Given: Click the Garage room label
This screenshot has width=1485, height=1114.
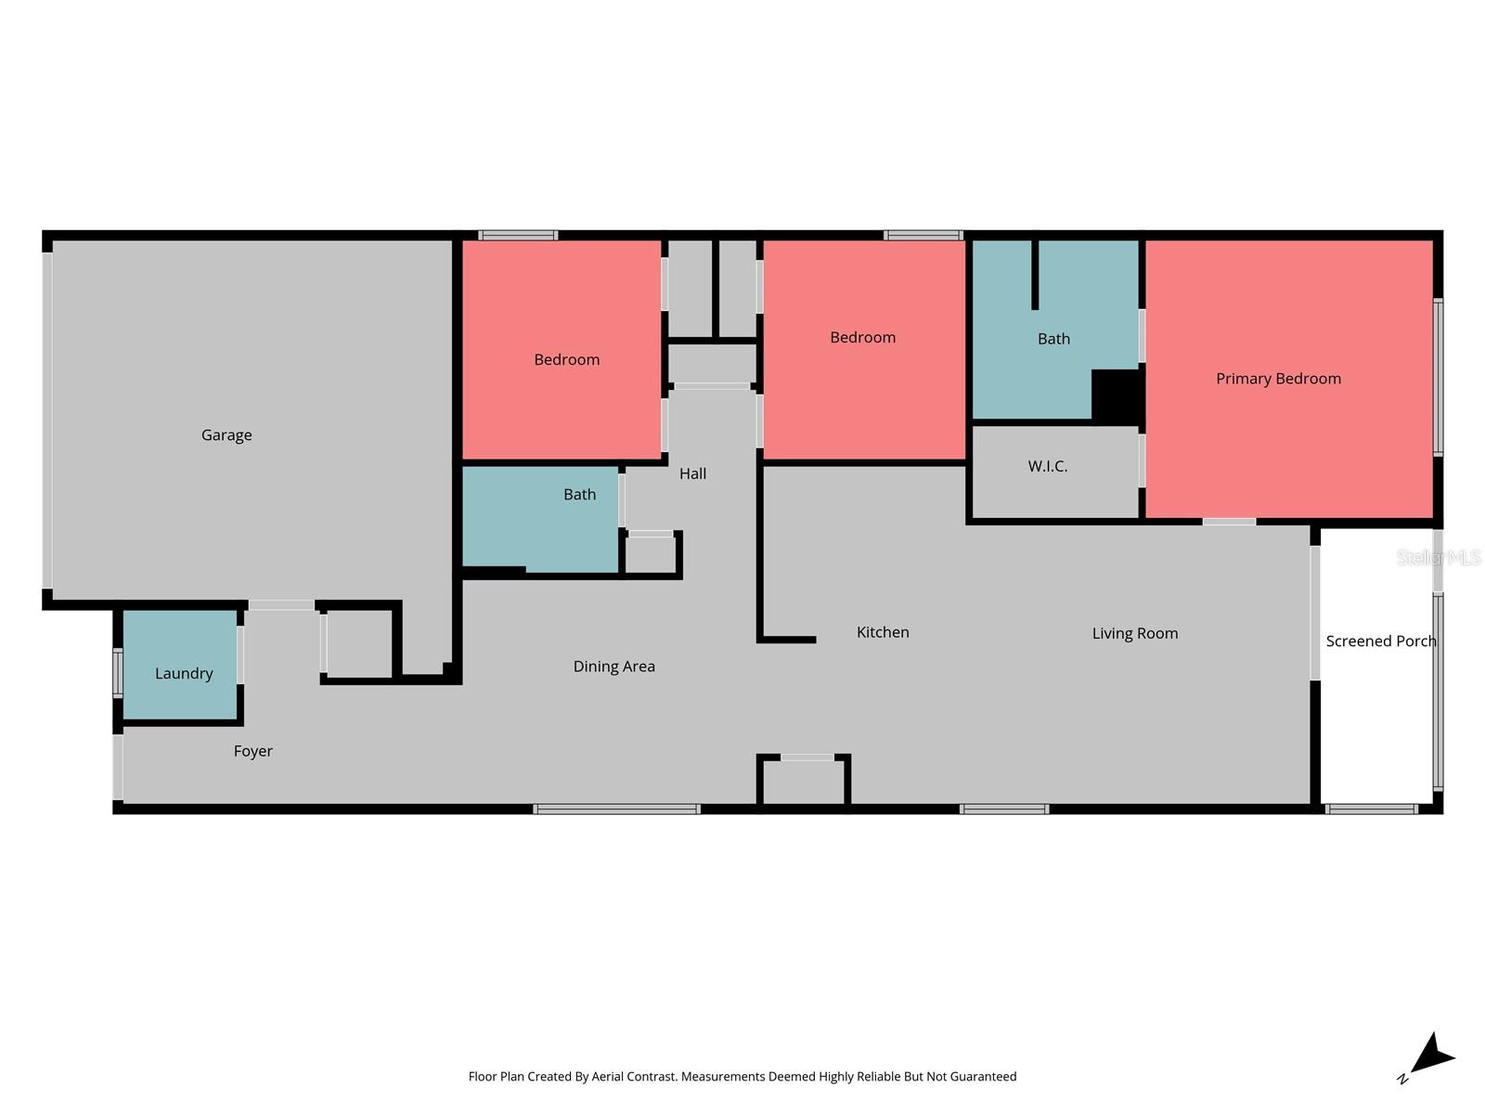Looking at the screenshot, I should coord(226,435).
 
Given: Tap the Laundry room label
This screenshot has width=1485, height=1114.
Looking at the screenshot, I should coord(184,674).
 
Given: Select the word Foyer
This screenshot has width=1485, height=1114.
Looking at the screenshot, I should coord(252,751).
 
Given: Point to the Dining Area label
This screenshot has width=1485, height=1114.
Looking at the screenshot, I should coord(613,667).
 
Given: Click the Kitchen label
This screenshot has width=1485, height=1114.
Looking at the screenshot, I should coord(883,632).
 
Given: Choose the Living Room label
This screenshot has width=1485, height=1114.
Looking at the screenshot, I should coord(1134,634).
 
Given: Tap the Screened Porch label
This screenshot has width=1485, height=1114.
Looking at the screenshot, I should coord(1380,641).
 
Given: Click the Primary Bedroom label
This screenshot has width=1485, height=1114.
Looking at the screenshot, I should coord(1278,379).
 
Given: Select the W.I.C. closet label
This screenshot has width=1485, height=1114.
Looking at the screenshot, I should coord(1047,466).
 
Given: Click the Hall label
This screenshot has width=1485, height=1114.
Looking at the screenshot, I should coord(692,473).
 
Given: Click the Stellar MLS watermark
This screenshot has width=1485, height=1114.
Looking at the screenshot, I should coord(1438,558).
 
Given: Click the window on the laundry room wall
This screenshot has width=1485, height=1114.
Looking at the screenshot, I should coord(118,673).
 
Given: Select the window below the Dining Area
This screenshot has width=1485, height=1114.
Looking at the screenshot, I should coord(616,810).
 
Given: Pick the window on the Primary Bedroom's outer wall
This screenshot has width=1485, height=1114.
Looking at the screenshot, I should coord(1438,377).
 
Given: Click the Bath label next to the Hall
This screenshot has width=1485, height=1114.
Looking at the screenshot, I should coord(579,495).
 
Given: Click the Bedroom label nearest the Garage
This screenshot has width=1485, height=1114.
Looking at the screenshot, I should coord(566,360).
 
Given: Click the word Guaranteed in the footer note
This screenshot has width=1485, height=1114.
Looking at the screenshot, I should coord(980,1077).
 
